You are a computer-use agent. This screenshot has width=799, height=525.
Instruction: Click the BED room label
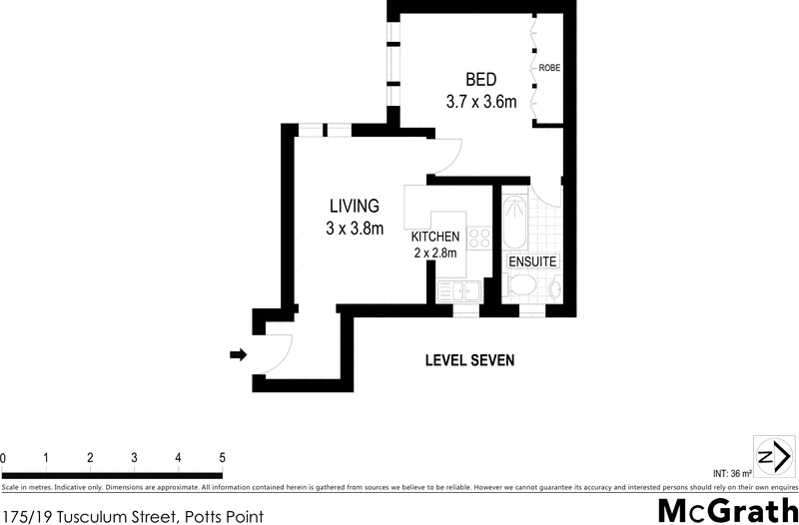tap(480, 80)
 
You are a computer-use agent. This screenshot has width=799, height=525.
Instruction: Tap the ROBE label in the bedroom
tap(549, 68)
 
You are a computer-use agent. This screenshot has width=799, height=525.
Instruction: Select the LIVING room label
tap(355, 207)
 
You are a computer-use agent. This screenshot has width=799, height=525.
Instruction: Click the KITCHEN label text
tap(435, 237)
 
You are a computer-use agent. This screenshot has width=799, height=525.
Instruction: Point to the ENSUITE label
tap(532, 261)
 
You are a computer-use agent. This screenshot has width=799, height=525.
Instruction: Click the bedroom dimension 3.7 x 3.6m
tap(480, 101)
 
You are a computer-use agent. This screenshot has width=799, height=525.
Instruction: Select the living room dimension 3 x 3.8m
tap(355, 229)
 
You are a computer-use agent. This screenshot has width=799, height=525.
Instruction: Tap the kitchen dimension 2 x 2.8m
tap(435, 253)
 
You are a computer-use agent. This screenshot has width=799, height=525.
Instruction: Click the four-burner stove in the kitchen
tap(479, 239)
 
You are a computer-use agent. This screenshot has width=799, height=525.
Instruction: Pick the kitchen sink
tap(460, 291)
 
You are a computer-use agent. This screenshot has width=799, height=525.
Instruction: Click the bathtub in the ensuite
tap(516, 225)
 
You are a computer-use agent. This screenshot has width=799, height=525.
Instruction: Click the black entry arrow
tap(238, 353)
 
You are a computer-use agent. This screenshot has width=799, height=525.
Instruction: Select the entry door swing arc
tap(278, 351)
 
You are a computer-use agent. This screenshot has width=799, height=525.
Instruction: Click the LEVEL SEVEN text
tap(469, 360)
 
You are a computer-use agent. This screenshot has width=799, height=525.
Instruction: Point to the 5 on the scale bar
tap(221, 458)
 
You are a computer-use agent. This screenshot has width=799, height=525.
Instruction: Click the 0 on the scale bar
tap(4, 458)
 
